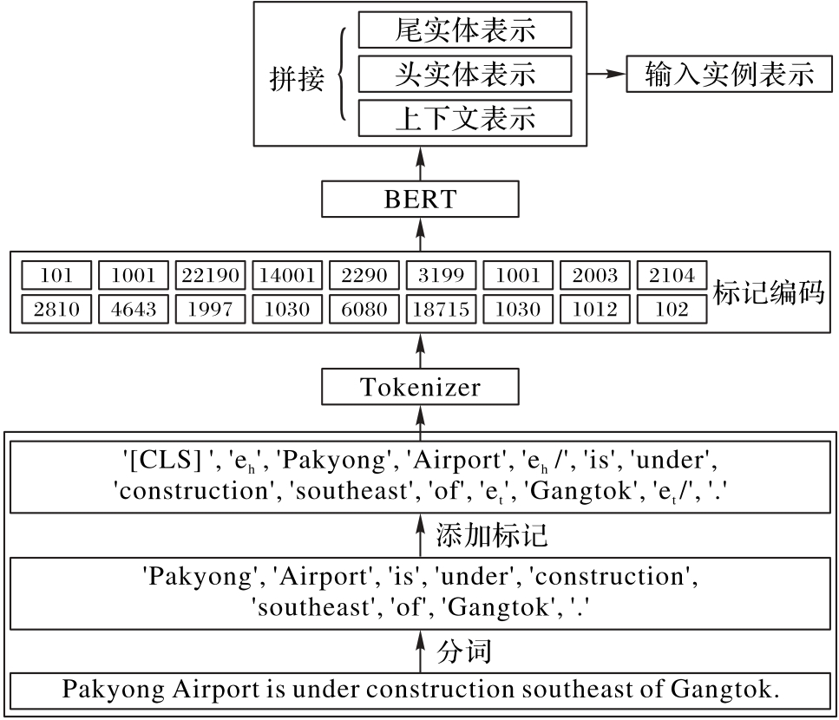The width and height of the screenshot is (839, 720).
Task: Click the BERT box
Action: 420,199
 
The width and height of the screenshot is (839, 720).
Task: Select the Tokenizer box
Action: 420,386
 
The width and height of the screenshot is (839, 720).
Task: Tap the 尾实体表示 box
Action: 464,32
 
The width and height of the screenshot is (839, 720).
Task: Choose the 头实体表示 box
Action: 464,75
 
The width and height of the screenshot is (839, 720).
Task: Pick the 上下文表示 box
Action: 464,118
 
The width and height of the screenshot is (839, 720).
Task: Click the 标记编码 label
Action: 769,292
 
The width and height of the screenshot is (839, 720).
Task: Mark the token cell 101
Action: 56,276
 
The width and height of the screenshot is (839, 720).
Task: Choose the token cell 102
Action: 671,309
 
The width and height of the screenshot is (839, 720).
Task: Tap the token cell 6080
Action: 365,309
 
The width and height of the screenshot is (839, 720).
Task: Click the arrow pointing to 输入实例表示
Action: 605,75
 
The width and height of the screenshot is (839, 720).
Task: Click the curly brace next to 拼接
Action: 341,75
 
